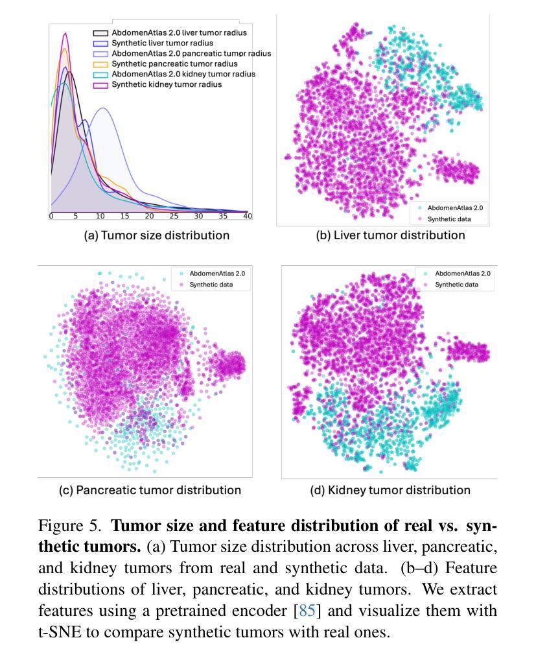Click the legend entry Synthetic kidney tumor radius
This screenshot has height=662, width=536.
(x=167, y=84)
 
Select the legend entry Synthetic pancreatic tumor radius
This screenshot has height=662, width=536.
(x=174, y=64)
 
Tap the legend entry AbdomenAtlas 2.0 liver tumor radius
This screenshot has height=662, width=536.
(x=179, y=32)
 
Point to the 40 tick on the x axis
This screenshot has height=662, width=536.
(x=247, y=216)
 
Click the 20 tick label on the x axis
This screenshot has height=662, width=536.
(x=149, y=216)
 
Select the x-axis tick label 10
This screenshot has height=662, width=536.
(x=100, y=216)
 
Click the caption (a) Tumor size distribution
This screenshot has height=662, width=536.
(x=156, y=235)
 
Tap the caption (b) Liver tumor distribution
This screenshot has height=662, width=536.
(x=390, y=235)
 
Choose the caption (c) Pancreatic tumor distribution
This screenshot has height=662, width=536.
(x=150, y=490)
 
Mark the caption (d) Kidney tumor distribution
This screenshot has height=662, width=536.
(x=390, y=490)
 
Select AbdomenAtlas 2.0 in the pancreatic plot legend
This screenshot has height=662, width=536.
(x=216, y=274)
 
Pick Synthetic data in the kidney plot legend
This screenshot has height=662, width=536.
(x=456, y=285)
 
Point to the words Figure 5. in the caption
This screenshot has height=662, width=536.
(x=73, y=525)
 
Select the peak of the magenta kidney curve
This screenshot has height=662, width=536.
(x=65, y=33)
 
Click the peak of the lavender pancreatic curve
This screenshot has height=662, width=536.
(x=102, y=108)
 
